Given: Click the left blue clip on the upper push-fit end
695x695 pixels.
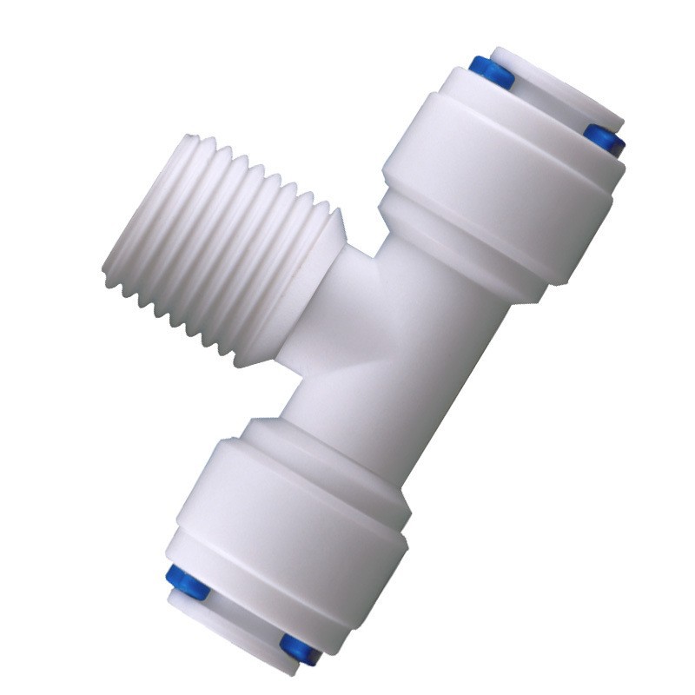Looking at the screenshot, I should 491,73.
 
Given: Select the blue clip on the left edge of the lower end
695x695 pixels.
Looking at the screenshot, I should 185,581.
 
